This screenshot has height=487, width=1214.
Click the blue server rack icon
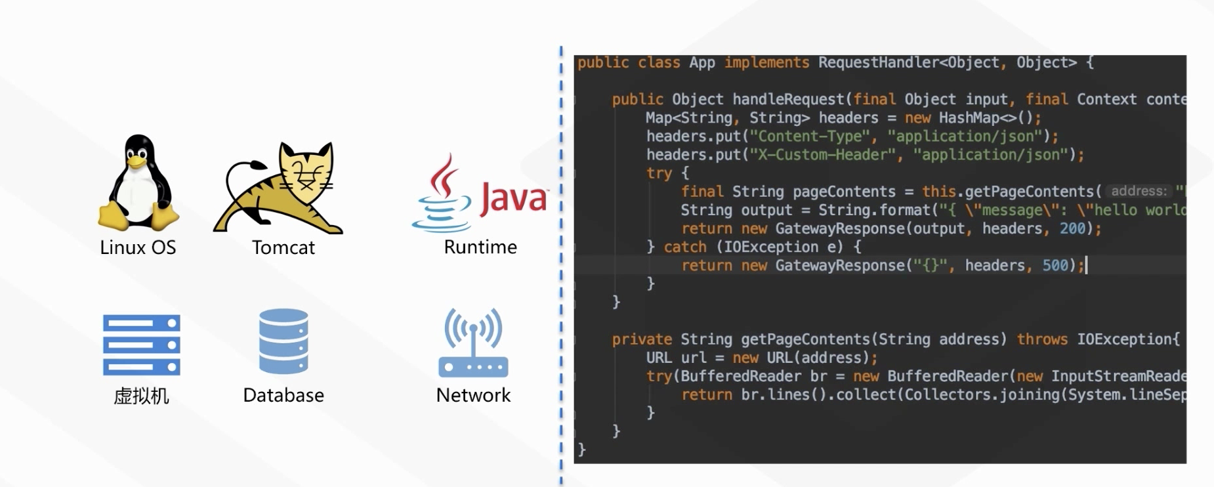(141, 345)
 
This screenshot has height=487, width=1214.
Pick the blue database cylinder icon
(283, 341)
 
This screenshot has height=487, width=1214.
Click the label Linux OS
(138, 247)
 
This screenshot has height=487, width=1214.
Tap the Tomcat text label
(283, 247)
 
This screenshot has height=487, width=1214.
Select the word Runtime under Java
(480, 247)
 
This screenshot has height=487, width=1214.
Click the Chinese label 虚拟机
(141, 396)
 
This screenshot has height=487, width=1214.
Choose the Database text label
(283, 395)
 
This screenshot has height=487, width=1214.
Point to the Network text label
(473, 395)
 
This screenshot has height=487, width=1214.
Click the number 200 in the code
(1072, 228)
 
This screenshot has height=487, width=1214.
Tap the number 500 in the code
(1055, 265)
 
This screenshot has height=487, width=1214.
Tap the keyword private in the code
(642, 339)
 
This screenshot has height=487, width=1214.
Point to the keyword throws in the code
(1042, 339)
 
